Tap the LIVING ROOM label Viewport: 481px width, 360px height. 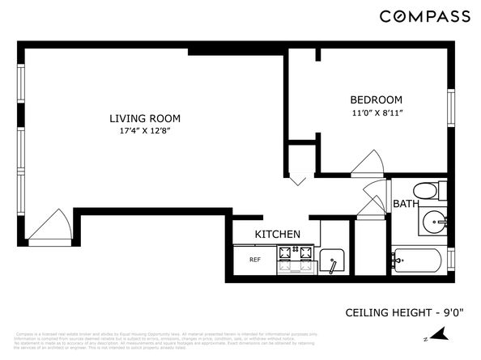tap(145, 118)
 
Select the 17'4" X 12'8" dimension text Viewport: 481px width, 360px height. tap(145, 131)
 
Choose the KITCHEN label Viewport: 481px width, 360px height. tap(278, 235)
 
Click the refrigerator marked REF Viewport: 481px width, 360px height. tap(254, 260)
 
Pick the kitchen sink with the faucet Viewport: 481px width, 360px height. tap(334, 261)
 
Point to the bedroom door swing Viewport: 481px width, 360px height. tap(364, 163)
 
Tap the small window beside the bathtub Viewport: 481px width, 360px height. tap(450, 260)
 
